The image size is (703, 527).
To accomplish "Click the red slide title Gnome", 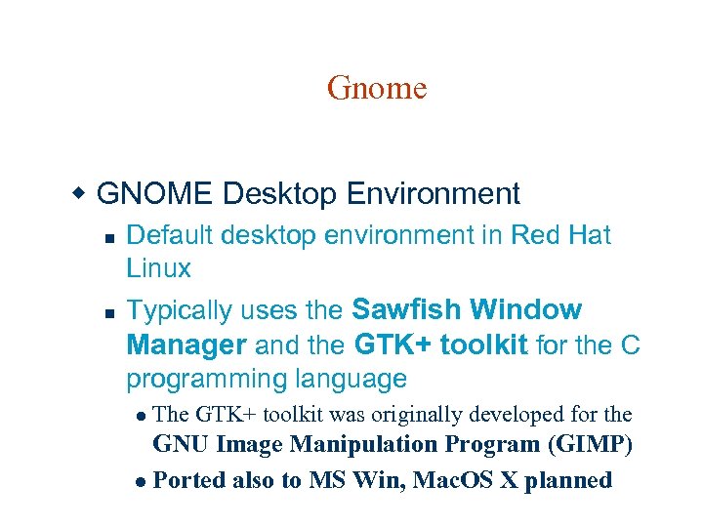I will point(377,89).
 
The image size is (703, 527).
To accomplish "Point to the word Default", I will point(171,235).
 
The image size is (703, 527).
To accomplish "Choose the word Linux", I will point(158,267).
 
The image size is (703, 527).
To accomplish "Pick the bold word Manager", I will point(186,345).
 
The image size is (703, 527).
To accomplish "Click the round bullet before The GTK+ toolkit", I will point(144,416).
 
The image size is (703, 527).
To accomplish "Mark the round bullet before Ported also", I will point(144,482).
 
